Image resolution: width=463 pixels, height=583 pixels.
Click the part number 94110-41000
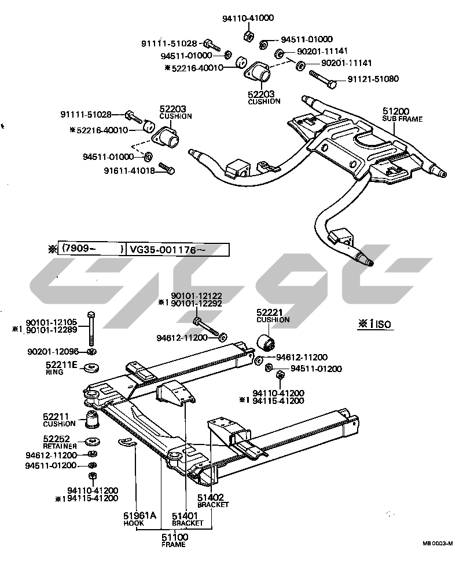(x=248, y=19)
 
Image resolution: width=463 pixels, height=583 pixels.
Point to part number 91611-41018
(x=130, y=170)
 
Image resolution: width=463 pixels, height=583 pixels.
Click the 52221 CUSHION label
(x=273, y=315)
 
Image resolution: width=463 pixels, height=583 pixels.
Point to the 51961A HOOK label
(x=139, y=518)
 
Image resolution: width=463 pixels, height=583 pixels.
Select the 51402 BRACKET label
(x=212, y=500)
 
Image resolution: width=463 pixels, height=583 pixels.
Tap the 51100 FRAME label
(x=173, y=540)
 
